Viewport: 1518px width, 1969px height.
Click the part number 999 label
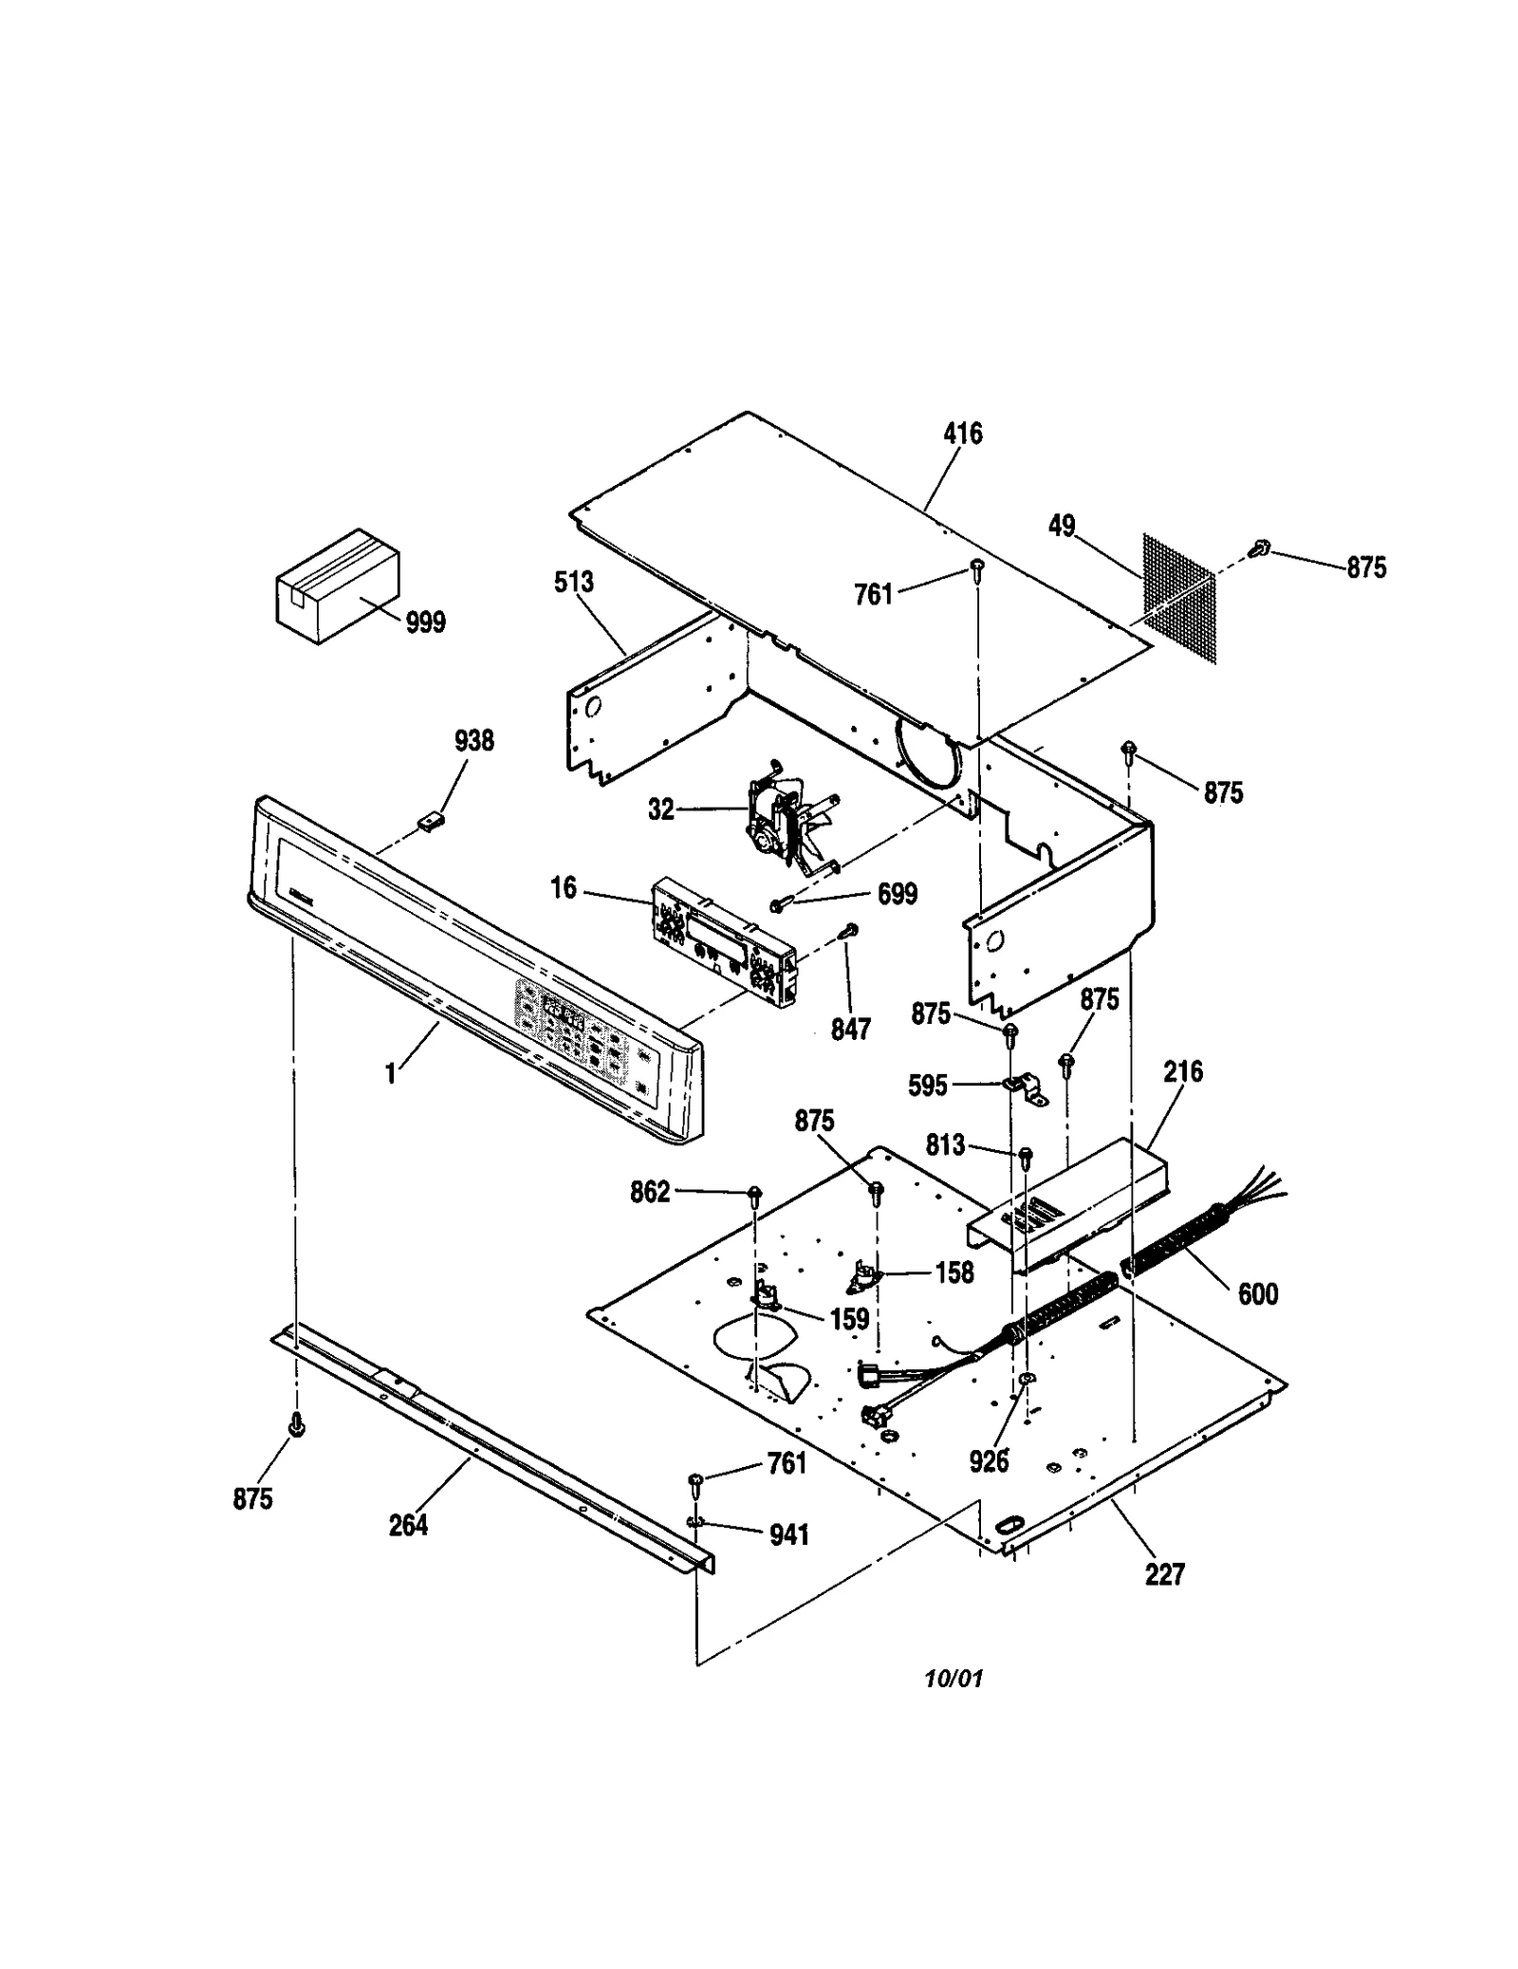(x=425, y=623)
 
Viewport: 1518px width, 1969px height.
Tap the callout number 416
(x=962, y=434)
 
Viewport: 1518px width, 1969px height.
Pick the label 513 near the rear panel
(x=574, y=582)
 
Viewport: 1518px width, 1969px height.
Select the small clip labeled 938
(x=433, y=819)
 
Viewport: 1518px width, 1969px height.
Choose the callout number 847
(x=850, y=1030)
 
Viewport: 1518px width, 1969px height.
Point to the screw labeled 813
(x=1026, y=1154)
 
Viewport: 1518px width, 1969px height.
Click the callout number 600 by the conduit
(x=1258, y=1293)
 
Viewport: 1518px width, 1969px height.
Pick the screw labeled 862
(x=755, y=1193)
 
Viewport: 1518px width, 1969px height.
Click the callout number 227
(x=1164, y=1574)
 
